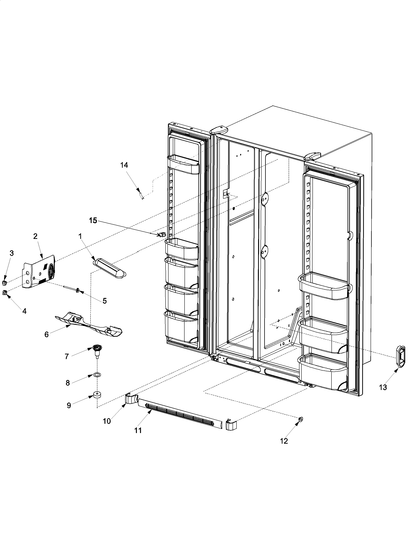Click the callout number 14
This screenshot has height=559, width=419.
click(x=124, y=165)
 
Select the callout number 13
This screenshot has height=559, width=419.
click(x=383, y=387)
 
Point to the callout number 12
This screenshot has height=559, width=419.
click(x=284, y=441)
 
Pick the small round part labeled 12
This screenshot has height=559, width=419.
click(x=301, y=419)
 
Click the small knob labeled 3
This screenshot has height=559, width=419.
click(x=4, y=282)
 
